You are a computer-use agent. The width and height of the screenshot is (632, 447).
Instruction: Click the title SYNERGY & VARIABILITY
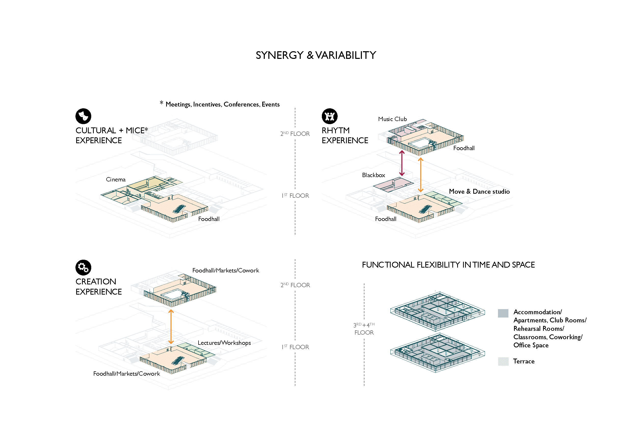pyautogui.click(x=316, y=55)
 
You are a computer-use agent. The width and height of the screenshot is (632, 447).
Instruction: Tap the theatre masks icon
pyautogui.click(x=83, y=116)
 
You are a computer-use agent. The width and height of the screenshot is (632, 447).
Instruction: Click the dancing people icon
pyautogui.click(x=330, y=116)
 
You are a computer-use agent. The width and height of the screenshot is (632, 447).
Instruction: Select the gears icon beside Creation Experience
pyautogui.click(x=83, y=267)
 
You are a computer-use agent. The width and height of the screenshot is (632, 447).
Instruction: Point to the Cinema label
pyautogui.click(x=116, y=179)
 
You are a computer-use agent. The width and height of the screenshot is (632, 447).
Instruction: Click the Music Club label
pyautogui.click(x=392, y=119)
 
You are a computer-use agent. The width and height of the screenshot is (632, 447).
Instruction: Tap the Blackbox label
pyautogui.click(x=373, y=175)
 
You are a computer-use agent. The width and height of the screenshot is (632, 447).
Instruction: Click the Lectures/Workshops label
pyautogui.click(x=224, y=343)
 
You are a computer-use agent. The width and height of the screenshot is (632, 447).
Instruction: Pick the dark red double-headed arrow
pyautogui.click(x=402, y=163)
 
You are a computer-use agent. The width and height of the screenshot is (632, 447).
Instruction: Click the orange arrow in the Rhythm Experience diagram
pyautogui.click(x=420, y=175)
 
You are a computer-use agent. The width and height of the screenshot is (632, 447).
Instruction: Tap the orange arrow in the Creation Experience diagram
pyautogui.click(x=171, y=327)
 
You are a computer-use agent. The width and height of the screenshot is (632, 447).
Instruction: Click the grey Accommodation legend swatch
pyautogui.click(x=503, y=313)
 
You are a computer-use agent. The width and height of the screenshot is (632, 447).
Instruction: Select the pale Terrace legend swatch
pyautogui.click(x=503, y=361)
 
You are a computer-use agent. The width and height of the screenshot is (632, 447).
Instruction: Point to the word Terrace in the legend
pyautogui.click(x=523, y=361)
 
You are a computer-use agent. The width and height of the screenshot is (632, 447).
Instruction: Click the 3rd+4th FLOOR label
pyautogui.click(x=364, y=329)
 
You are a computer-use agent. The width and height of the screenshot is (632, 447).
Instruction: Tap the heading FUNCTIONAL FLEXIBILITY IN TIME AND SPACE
pyautogui.click(x=448, y=265)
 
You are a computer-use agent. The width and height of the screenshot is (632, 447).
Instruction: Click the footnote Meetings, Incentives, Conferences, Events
pyautogui.click(x=222, y=104)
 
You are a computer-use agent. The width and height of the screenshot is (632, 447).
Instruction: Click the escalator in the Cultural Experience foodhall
pyautogui.click(x=179, y=209)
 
